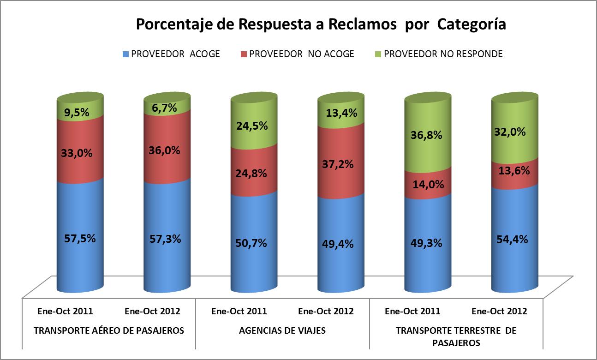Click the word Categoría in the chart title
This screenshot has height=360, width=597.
[472, 24]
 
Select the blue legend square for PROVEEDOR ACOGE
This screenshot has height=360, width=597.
[125, 54]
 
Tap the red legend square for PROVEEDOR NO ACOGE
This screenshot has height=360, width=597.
[244, 54]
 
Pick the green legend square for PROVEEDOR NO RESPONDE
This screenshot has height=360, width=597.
[378, 54]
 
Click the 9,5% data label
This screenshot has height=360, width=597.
[77, 112]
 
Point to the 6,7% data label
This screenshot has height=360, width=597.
[164, 108]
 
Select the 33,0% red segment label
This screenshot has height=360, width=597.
[77, 153]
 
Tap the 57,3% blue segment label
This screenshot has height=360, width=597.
[165, 239]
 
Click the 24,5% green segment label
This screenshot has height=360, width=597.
[252, 126]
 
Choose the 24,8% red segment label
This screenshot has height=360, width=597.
[251, 174]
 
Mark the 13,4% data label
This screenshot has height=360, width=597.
[341, 113]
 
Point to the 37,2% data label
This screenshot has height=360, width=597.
[338, 164]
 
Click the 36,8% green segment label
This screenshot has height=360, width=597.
[426, 135]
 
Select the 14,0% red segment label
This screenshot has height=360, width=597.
[428, 184]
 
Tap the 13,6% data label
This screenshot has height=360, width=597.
[514, 171]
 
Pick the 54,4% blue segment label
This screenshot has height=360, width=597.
[512, 239]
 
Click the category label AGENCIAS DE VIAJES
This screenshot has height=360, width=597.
[282, 330]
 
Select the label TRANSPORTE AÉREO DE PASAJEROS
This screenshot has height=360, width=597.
[109, 330]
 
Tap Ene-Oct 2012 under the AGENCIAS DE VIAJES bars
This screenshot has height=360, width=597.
[326, 311]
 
